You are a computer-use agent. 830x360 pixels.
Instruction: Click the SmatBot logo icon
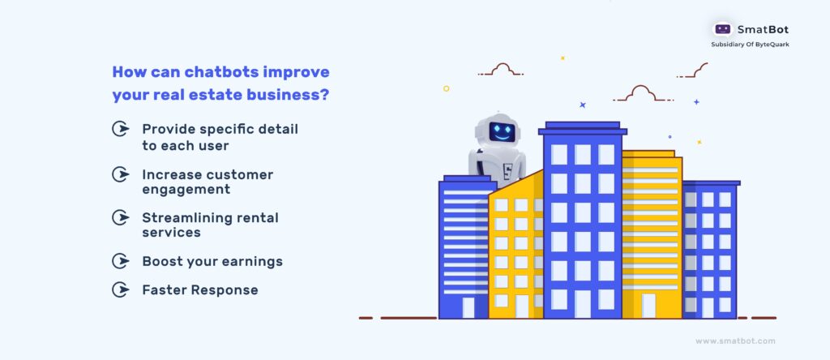722,29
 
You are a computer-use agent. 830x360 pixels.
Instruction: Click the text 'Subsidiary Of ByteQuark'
750,45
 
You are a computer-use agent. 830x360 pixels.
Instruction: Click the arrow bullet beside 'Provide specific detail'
121,129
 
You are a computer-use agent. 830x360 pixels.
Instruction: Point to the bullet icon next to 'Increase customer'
121,174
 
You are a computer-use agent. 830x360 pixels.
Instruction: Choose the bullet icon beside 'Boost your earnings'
121,261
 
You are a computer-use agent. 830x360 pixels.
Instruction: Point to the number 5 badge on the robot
507,172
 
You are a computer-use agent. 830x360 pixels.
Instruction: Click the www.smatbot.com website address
735,341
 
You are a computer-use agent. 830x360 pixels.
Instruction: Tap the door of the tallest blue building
582,304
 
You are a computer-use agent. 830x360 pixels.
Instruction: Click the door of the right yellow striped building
648,306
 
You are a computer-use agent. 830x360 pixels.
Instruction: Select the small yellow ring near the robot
447,88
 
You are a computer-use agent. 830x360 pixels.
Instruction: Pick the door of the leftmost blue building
468,307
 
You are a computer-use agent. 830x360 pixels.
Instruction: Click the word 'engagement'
186,190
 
